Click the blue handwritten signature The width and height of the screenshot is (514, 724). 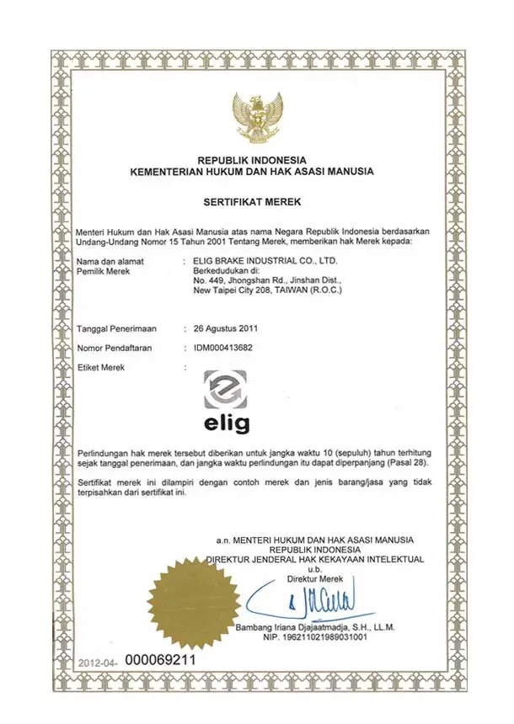coord(324,602)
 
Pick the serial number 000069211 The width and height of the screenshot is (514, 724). coord(160,660)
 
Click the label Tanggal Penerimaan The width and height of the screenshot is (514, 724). coord(117,328)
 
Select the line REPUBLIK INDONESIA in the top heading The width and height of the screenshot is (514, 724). coord(252,160)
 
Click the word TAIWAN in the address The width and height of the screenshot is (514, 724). coord(288,290)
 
